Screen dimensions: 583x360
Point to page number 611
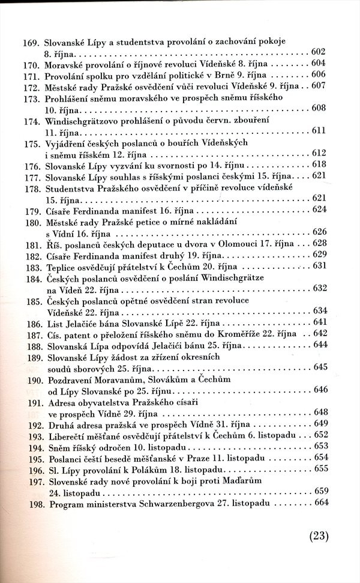tap(317, 130)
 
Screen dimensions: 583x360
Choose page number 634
tap(317, 310)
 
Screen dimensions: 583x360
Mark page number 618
tap(317, 165)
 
